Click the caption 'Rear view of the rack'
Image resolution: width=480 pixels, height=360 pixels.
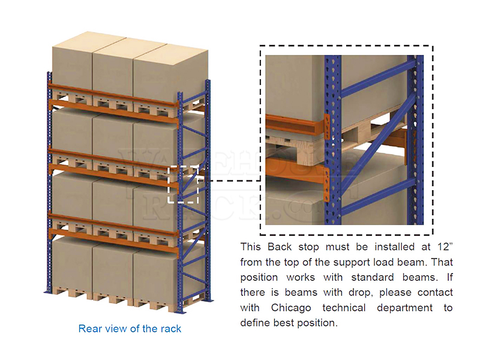click(130, 328)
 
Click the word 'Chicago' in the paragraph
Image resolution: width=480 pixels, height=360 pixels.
click(292, 308)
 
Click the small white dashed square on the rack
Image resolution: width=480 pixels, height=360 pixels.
click(184, 185)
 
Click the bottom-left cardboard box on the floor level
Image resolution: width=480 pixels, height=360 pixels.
click(71, 264)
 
